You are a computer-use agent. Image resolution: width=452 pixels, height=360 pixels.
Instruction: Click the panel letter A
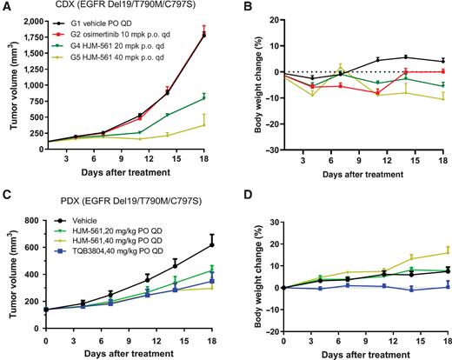6,7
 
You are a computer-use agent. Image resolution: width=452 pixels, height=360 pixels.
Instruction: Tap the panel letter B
237,7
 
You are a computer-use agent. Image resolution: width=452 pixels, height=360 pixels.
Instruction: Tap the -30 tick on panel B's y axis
269,150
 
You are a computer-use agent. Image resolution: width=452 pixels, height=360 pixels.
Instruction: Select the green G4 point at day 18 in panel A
204,97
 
